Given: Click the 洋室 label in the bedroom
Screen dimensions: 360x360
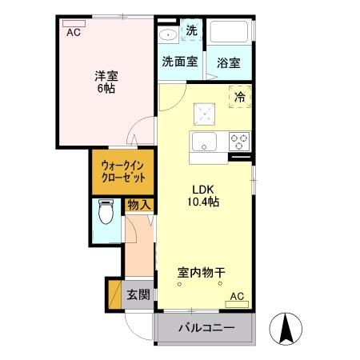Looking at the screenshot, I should pos(106,76).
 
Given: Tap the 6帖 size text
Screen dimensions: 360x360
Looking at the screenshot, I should pos(106,90).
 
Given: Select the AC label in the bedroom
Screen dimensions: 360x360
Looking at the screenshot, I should pos(73,33).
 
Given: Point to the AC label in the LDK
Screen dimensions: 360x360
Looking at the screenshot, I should pos(237,297).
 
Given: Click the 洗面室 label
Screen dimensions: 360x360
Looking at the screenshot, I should pos(179,61).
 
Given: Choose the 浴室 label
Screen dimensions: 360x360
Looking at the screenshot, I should pos(229,62).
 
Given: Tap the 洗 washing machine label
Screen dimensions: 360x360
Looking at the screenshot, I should pos(191,30).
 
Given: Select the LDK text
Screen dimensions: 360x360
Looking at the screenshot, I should pos(200,190).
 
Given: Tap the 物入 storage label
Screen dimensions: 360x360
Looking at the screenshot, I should pos(139,205).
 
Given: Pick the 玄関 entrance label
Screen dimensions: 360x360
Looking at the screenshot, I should pos(138,294).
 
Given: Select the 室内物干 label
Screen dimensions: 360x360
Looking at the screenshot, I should pos(201,273).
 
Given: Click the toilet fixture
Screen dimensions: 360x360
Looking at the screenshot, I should pos(106,214).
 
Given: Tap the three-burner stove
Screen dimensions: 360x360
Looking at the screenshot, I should pos(238,142).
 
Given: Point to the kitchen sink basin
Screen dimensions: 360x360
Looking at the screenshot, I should pos(203,143).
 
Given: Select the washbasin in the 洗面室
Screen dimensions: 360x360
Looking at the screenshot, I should pos(168,34).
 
